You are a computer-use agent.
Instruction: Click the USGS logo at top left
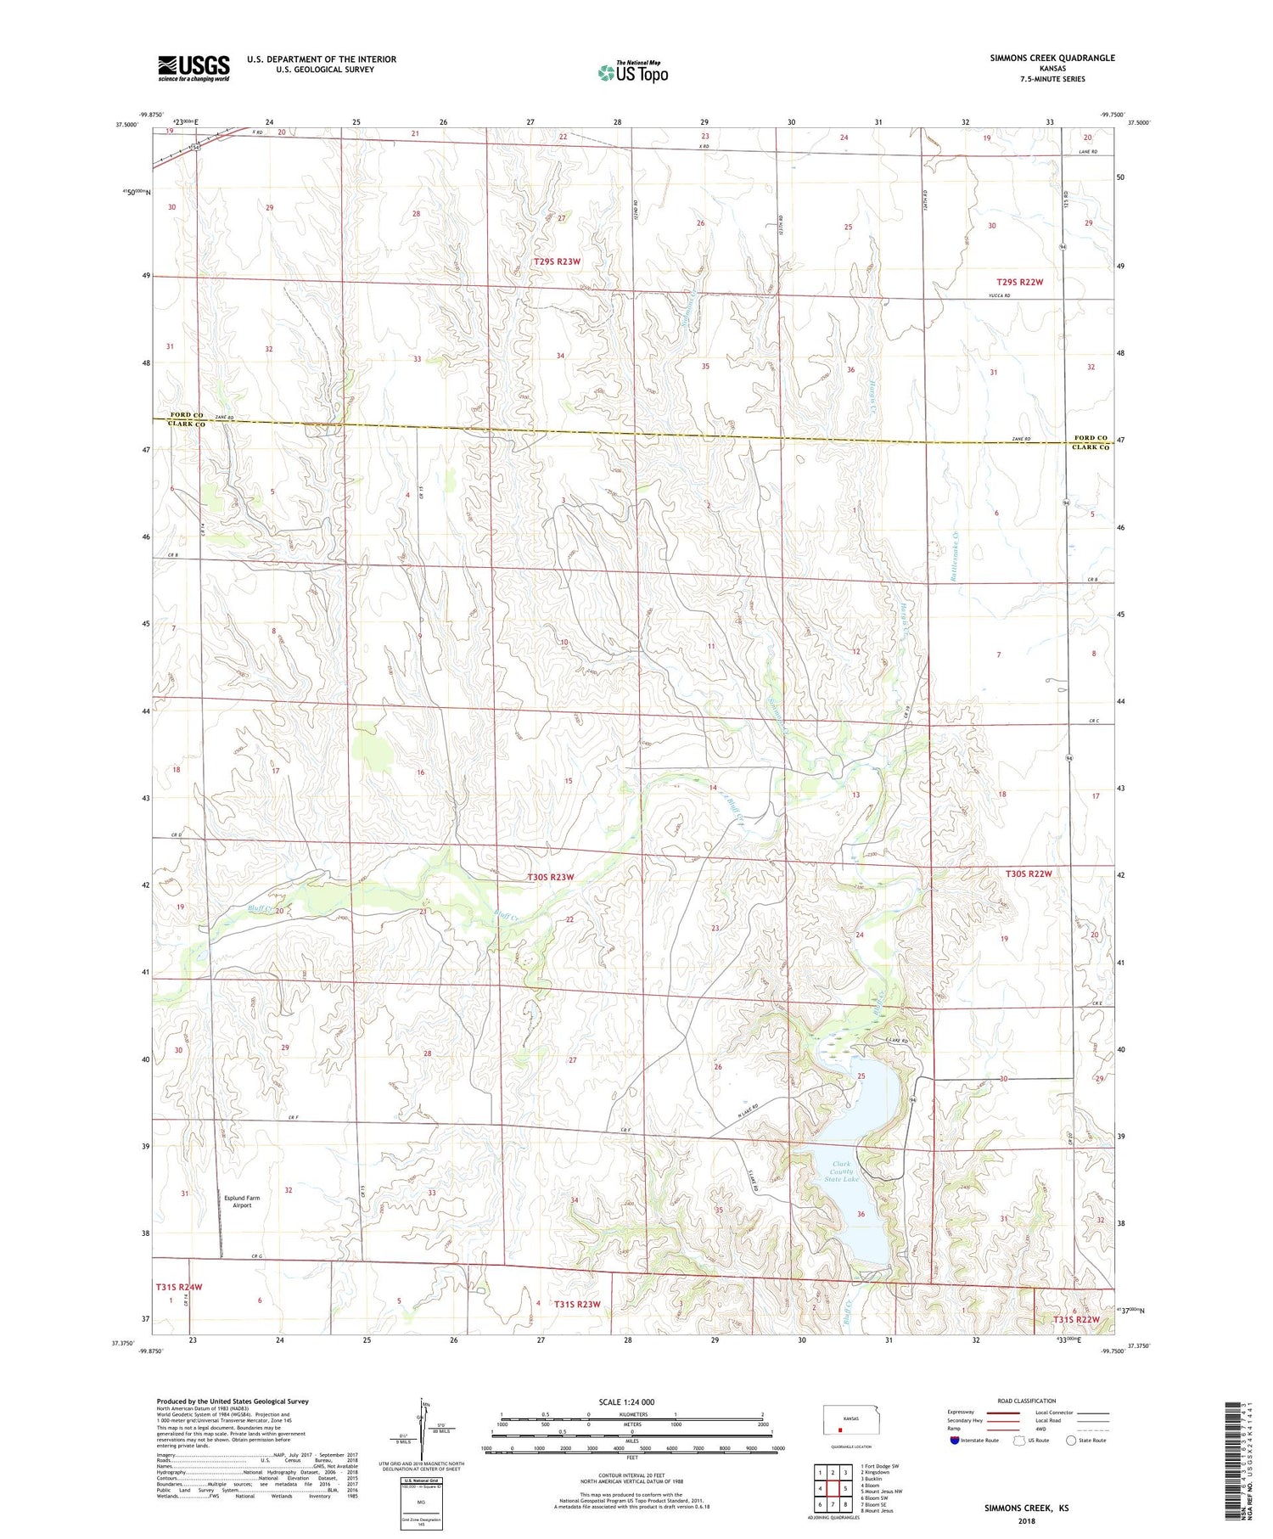(x=193, y=67)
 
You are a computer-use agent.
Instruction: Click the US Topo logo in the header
(x=633, y=72)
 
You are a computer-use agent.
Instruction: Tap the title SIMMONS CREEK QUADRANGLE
(x=1051, y=58)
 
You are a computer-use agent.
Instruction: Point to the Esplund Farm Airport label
(x=242, y=1201)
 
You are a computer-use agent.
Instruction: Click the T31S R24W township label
(x=179, y=1287)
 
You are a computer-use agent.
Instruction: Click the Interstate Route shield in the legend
(x=956, y=1441)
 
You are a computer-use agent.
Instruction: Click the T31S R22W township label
(x=1076, y=1319)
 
